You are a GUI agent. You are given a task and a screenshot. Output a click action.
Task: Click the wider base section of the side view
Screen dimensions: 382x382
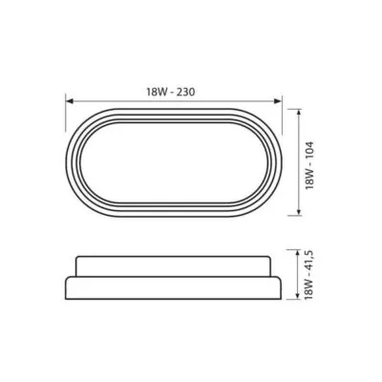click(177, 288)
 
